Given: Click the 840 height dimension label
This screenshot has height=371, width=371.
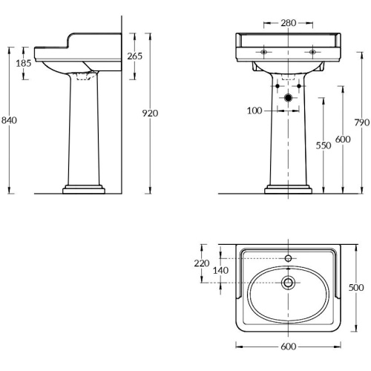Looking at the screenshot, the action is pyautogui.click(x=9, y=120).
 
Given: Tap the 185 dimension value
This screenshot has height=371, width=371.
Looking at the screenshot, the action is pyautogui.click(x=24, y=63).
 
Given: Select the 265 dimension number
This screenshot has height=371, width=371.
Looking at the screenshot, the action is pyautogui.click(x=135, y=56).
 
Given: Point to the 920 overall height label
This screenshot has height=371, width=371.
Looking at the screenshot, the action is pyautogui.click(x=150, y=114).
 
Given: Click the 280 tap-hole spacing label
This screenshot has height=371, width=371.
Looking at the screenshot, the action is pyautogui.click(x=289, y=23).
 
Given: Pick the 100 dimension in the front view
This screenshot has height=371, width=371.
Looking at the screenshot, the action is pyautogui.click(x=255, y=111).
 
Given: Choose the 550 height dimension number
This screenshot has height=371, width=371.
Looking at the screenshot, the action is pyautogui.click(x=324, y=145).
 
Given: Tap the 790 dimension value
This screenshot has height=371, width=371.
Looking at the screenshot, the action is pyautogui.click(x=362, y=122).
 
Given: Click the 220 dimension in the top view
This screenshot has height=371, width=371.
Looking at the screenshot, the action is pyautogui.click(x=202, y=263).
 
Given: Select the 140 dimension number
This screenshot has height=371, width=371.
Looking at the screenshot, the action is pyautogui.click(x=220, y=270).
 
